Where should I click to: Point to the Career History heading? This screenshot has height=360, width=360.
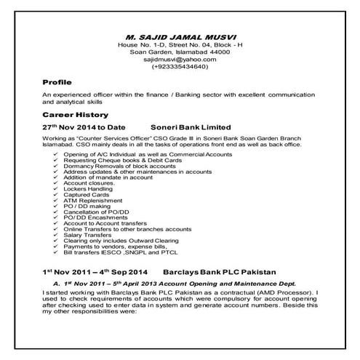tap(75, 114)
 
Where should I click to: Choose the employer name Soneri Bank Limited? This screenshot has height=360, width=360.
tap(190, 127)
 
